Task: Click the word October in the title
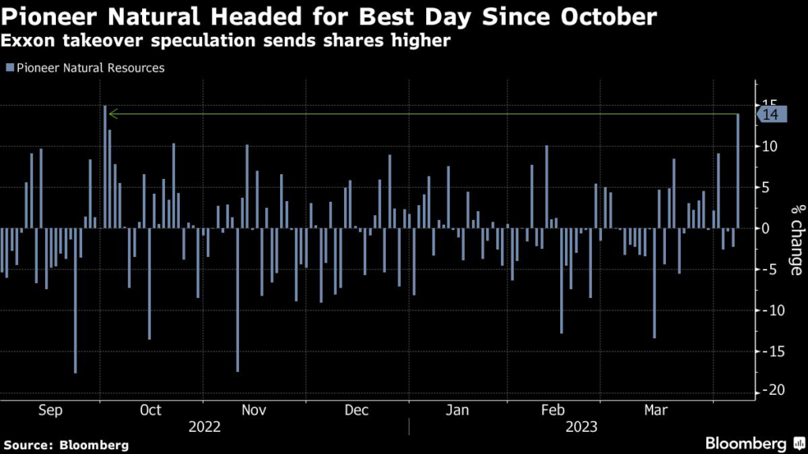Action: click(x=600, y=16)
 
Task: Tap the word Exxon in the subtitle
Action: click(x=32, y=40)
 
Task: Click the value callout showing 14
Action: click(x=771, y=115)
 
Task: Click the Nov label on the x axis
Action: click(x=253, y=410)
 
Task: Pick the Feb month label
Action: click(x=553, y=410)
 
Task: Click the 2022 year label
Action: click(x=204, y=427)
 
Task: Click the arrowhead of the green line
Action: click(x=112, y=114)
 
